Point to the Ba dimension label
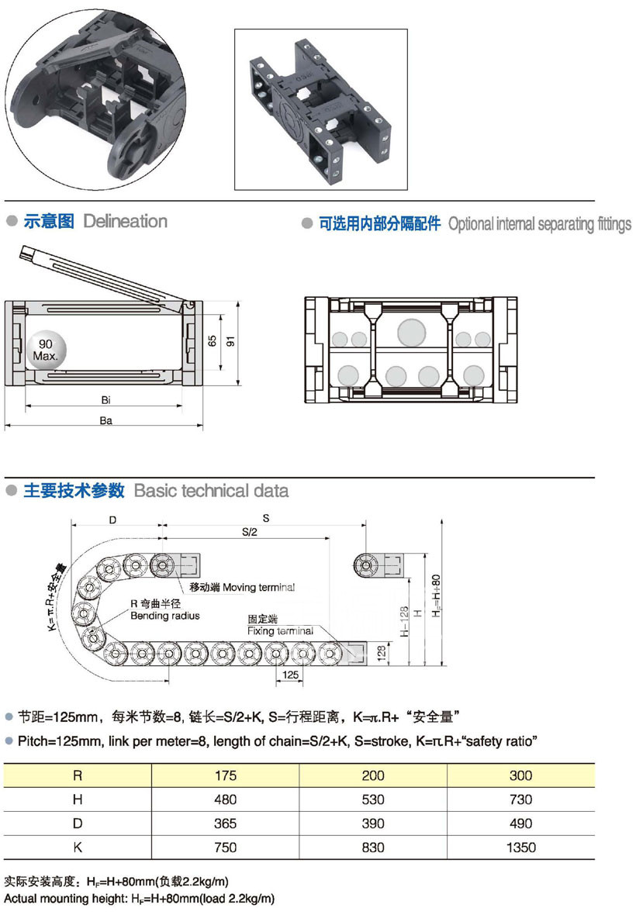(x=106, y=420)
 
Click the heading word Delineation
(x=125, y=221)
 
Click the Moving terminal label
(x=237, y=587)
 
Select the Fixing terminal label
(x=280, y=630)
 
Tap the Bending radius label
(x=164, y=616)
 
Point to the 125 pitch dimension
(x=290, y=675)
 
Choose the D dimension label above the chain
(x=113, y=520)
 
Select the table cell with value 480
(x=226, y=799)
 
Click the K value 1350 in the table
(x=520, y=848)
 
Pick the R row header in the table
(x=78, y=775)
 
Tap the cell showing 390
(x=373, y=823)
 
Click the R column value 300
(x=520, y=775)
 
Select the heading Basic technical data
(x=211, y=491)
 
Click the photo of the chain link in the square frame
(x=321, y=109)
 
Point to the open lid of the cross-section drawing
(x=101, y=276)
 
